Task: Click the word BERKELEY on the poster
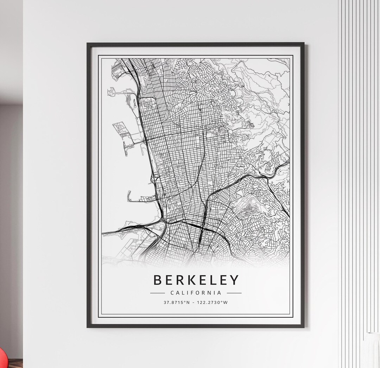click(196, 280)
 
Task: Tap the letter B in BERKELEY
click(158, 280)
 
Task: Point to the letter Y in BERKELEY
click(234, 280)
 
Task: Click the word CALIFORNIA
click(196, 293)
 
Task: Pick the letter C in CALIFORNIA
click(172, 293)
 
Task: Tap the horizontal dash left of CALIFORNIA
click(157, 293)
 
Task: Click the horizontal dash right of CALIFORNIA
click(234, 293)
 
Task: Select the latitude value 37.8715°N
click(177, 302)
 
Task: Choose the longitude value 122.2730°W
click(212, 302)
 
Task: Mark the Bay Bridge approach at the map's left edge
click(109, 232)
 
